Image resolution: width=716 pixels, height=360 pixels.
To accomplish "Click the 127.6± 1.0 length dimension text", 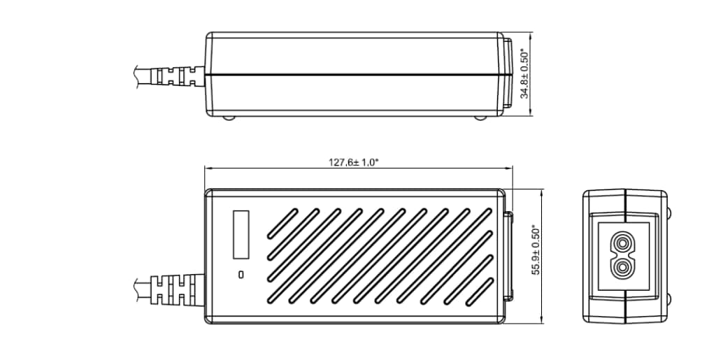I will point(354,162).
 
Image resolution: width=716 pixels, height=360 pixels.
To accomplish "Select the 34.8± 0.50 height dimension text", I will point(524,73).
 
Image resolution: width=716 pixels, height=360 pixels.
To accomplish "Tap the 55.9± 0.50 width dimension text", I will point(536,250).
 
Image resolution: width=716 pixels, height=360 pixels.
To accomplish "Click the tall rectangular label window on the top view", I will point(241,233).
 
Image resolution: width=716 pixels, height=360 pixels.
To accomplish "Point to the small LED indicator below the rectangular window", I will point(241,274).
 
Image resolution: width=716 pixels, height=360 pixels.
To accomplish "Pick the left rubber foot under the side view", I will point(229,117).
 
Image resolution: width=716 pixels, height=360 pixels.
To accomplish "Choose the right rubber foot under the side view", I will point(480,117).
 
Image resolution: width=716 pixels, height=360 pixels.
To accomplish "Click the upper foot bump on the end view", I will point(670,212).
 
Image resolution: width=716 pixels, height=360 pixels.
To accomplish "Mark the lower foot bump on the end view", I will point(670,299).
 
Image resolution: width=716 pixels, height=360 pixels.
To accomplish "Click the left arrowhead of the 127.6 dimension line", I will point(208,168).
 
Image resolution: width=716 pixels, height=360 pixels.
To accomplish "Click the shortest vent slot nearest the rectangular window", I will point(281,223).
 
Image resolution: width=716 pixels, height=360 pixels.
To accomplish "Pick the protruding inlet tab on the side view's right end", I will point(507,73).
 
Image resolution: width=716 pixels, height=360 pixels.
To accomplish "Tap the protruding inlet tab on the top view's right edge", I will point(508,256).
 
